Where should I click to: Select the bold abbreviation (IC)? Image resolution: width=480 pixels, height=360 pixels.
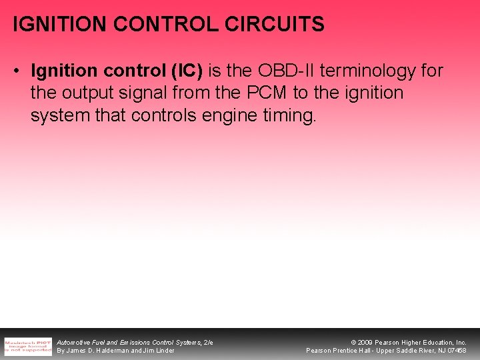(189, 71)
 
